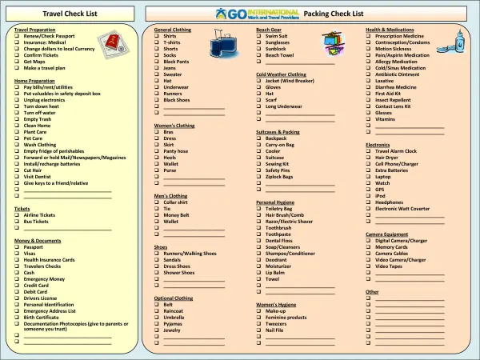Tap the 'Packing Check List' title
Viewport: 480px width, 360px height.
(334, 14)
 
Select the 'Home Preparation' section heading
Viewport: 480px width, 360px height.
(34, 81)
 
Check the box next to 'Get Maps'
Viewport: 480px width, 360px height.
(18, 62)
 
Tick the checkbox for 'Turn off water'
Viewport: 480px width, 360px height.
(18, 113)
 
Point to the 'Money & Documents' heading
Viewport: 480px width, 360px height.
(38, 240)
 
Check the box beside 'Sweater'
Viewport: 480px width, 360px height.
(158, 74)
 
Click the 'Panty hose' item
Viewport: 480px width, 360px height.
(176, 150)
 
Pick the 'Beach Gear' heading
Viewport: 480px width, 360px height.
(269, 29)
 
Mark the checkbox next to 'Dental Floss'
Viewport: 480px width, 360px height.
(260, 240)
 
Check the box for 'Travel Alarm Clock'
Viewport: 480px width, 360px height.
(370, 150)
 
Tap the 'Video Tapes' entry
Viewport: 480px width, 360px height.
(389, 266)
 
